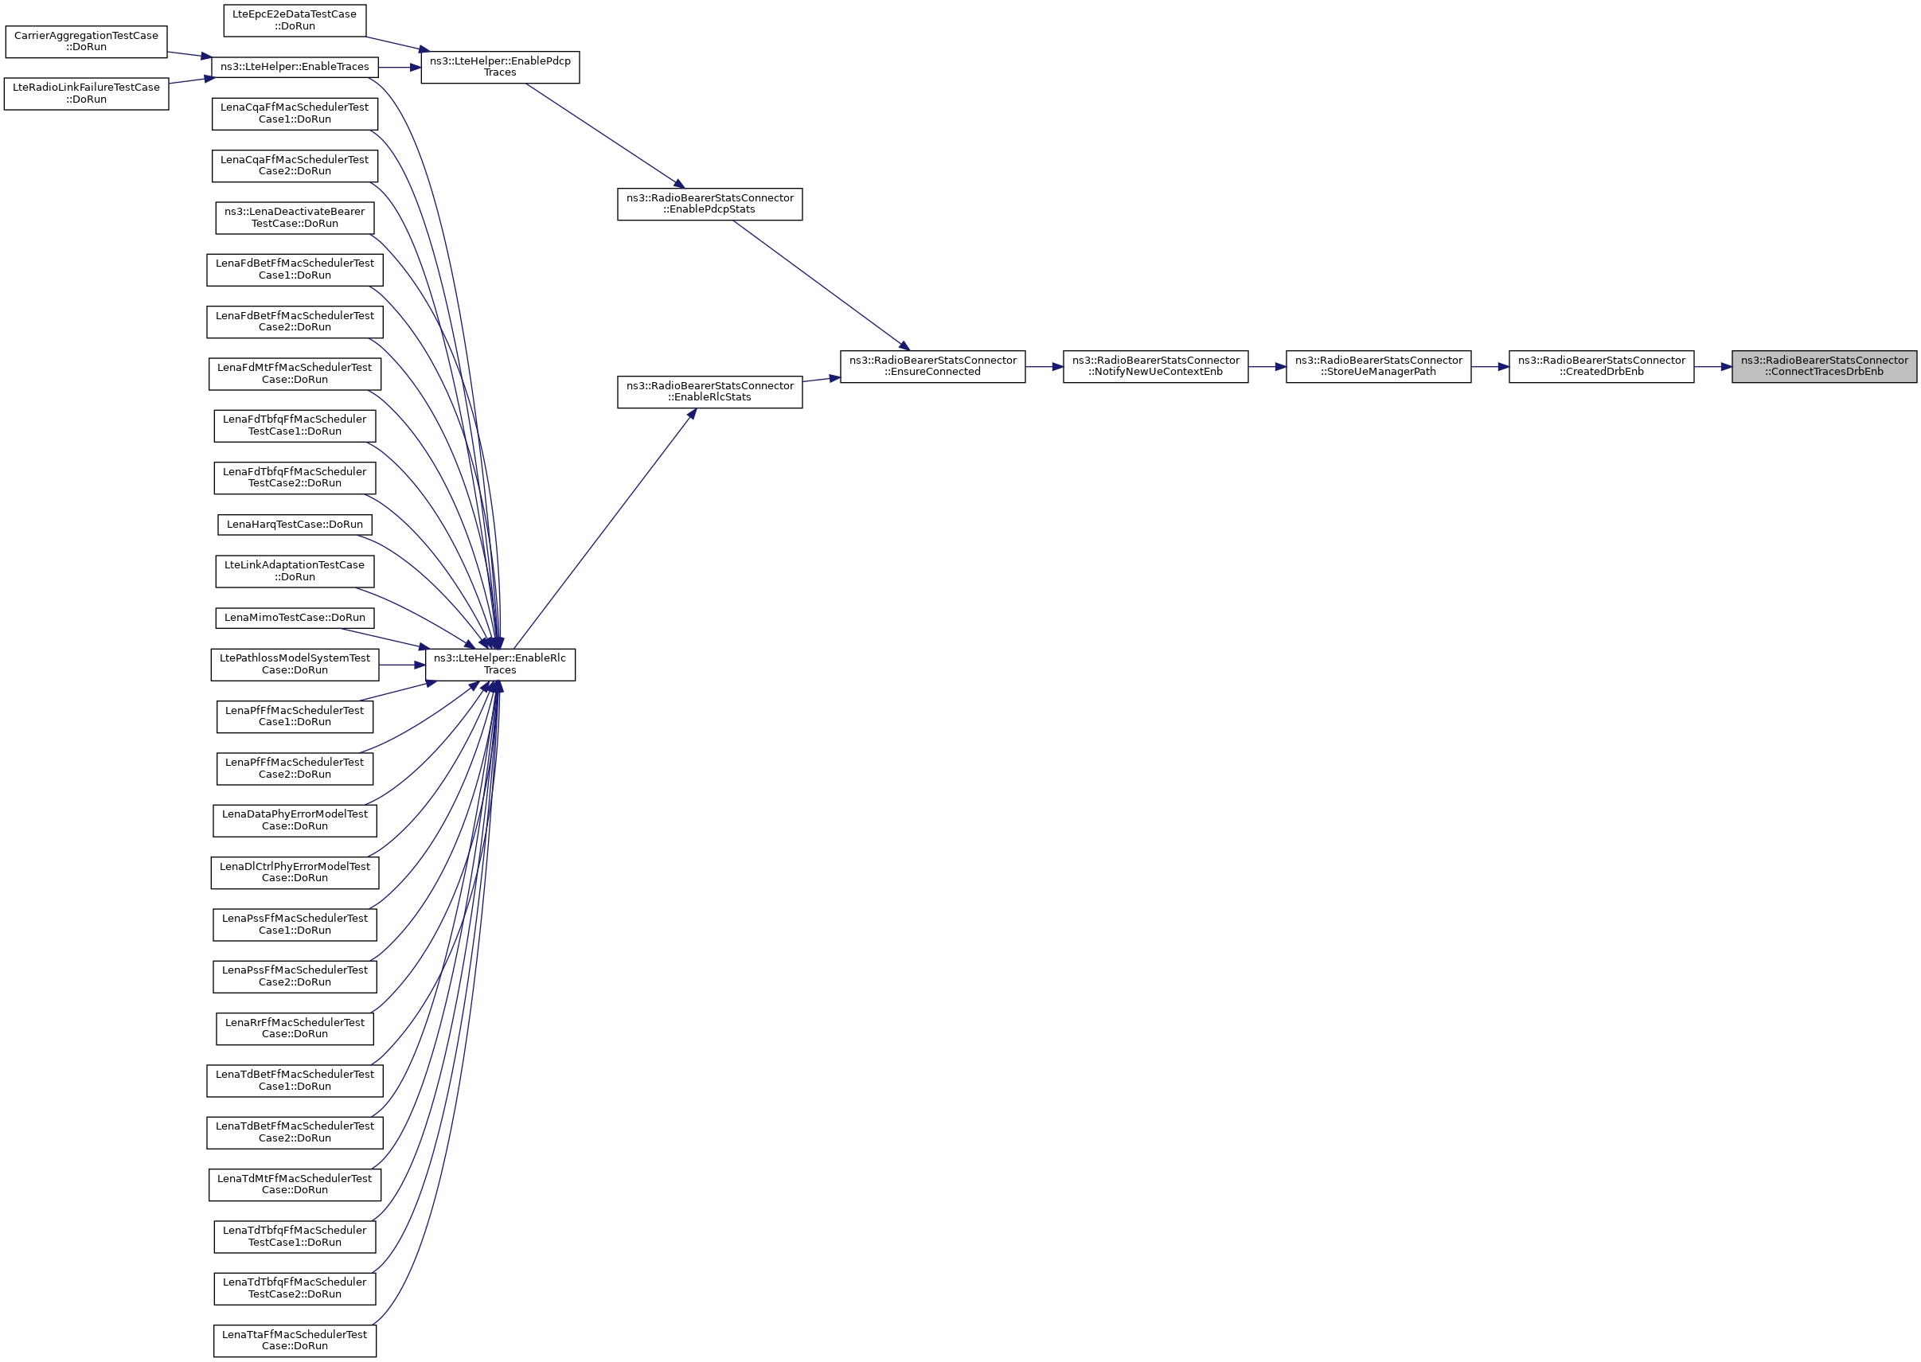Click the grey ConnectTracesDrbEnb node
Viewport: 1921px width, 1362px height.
point(1824,366)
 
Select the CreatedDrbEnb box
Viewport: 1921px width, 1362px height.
point(1601,366)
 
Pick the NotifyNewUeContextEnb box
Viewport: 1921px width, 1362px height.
point(1154,366)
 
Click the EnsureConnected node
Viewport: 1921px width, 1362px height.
point(931,366)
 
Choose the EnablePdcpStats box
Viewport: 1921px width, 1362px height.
point(709,204)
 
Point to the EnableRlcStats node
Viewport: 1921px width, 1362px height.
point(709,392)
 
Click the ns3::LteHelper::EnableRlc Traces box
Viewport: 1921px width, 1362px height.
point(500,664)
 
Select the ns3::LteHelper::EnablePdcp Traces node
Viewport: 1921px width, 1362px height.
point(500,67)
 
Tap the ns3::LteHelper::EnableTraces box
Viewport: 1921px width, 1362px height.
point(295,67)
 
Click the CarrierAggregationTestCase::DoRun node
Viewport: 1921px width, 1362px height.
point(86,42)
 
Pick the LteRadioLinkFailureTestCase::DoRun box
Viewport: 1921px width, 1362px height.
point(86,93)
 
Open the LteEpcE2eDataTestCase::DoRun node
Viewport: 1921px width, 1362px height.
point(295,20)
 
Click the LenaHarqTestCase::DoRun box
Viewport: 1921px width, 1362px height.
point(295,524)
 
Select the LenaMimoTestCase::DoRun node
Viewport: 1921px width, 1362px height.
point(295,617)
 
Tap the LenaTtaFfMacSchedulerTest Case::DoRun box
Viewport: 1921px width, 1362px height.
point(295,1341)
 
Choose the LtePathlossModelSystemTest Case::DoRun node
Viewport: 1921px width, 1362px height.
point(295,664)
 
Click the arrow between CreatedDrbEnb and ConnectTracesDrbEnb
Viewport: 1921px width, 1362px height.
point(1712,366)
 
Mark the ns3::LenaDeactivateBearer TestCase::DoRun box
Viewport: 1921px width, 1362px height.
point(295,218)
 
